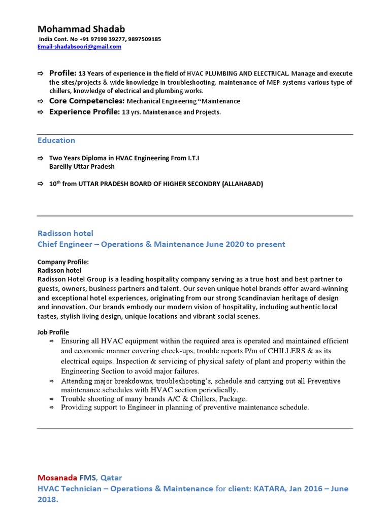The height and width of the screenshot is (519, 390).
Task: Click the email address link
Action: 80,47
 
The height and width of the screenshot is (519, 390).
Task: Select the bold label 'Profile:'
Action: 62,73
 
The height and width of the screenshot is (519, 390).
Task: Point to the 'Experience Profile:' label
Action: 85,112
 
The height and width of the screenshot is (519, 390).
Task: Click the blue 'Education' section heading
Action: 56,140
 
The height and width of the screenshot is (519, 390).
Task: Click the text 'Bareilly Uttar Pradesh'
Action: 82,166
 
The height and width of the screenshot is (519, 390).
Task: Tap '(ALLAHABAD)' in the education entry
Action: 243,184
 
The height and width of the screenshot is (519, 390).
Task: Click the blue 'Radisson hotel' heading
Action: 66,234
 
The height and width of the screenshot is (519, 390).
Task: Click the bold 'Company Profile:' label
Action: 63,263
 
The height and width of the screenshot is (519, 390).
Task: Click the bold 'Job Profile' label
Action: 53,332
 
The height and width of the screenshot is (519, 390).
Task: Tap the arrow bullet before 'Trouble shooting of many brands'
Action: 51,399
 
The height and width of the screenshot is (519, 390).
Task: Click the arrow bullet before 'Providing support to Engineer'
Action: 51,407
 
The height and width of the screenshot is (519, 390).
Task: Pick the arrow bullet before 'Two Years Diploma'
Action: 41,158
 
